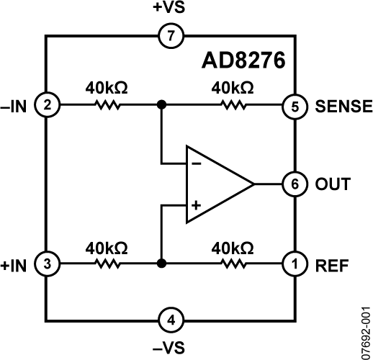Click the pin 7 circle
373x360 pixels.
tap(171, 35)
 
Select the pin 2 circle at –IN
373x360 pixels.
tap(48, 105)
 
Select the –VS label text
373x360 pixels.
tap(171, 347)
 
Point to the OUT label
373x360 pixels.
tap(333, 184)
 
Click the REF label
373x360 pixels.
tap(331, 264)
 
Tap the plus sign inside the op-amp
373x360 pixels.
tap(195, 206)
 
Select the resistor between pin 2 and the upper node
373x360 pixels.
tap(106, 105)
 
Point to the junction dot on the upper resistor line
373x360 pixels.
tap(161, 105)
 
